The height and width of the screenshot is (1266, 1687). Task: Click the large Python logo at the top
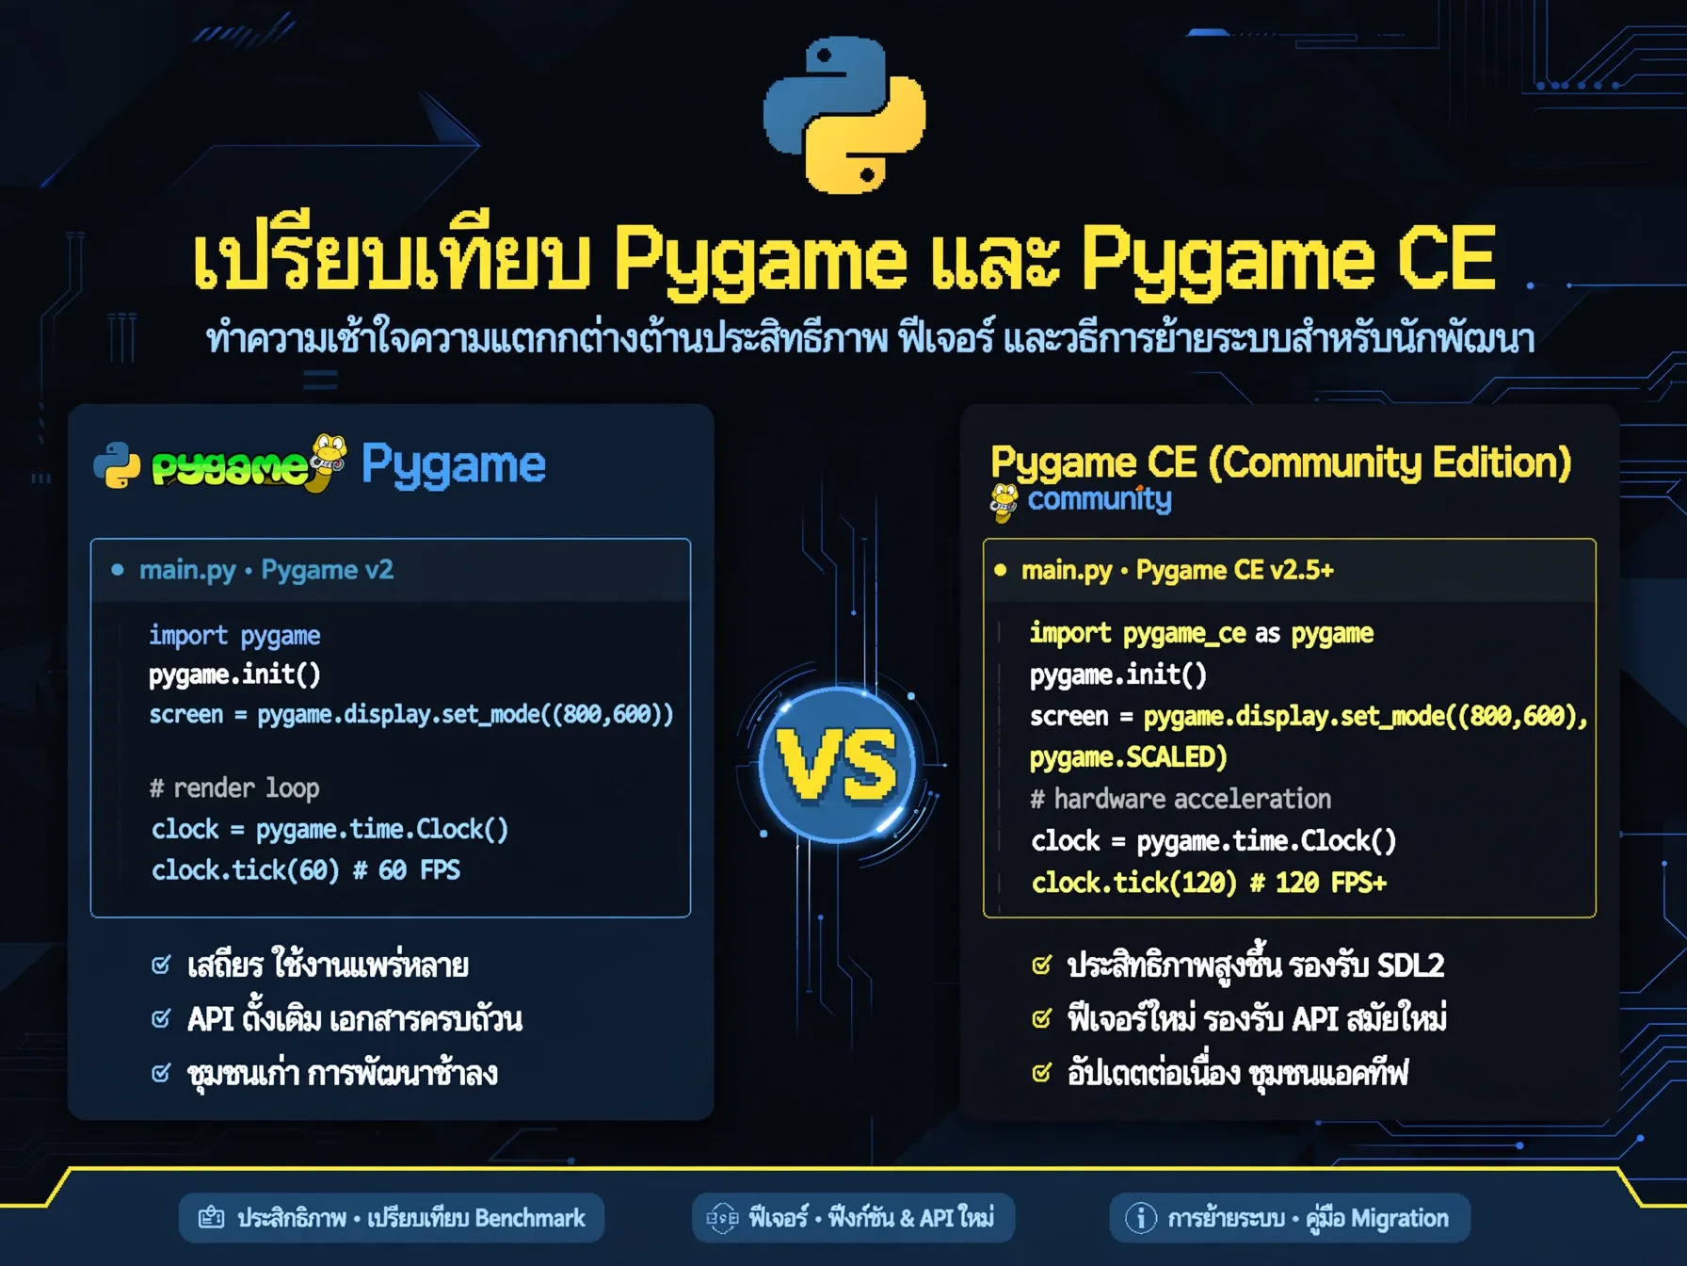[844, 115]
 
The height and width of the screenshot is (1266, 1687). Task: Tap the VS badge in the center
[837, 764]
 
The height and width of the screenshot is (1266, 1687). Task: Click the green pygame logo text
[231, 467]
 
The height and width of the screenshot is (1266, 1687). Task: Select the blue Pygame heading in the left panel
[453, 465]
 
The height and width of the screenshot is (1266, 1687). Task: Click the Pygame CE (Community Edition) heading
[1281, 463]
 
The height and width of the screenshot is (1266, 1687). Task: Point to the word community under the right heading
[1100, 498]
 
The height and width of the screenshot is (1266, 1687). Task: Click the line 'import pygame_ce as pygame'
[1201, 634]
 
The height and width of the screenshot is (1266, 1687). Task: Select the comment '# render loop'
[234, 787]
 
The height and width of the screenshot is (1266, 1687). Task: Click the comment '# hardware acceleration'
[1181, 799]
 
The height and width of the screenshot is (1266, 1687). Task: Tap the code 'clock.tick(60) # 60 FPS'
[306, 869]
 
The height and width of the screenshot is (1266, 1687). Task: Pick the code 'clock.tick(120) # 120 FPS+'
[1209, 883]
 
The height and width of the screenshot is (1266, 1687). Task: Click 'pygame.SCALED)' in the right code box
[1128, 757]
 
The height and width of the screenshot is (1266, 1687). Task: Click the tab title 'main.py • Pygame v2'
[265, 570]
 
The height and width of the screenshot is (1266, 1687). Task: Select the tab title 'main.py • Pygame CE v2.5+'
[1177, 570]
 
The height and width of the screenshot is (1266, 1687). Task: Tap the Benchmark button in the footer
[392, 1218]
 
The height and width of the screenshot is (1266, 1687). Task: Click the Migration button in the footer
[1290, 1218]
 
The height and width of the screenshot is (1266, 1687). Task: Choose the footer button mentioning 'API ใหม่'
[853, 1218]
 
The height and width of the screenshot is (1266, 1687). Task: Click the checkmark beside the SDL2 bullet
[1041, 966]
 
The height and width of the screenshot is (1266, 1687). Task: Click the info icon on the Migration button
[1141, 1218]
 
